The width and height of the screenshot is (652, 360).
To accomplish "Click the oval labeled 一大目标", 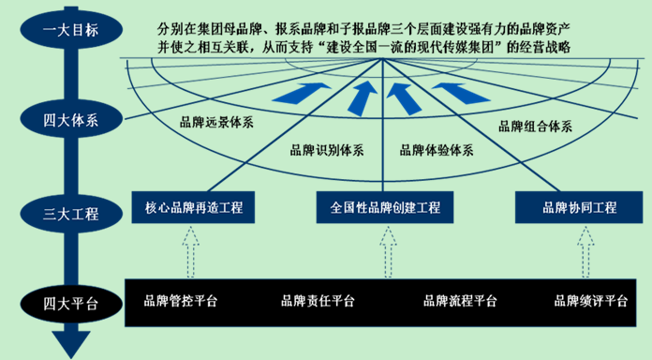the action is pyautogui.click(x=71, y=30).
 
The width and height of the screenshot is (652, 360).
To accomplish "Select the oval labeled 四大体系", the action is pyautogui.click(x=71, y=120).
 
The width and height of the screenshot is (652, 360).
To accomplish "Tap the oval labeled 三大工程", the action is pyautogui.click(x=71, y=214).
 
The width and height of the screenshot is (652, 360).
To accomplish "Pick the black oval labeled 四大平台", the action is pyautogui.click(x=71, y=304).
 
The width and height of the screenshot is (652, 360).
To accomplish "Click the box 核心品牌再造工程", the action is pyautogui.click(x=193, y=207).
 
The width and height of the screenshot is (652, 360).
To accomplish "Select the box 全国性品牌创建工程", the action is pyautogui.click(x=385, y=207).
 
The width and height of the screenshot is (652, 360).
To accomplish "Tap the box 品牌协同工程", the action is pyautogui.click(x=579, y=207).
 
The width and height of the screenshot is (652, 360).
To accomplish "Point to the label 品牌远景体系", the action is pyautogui.click(x=216, y=123).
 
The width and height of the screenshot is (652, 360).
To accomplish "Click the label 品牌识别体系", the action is pyautogui.click(x=327, y=150).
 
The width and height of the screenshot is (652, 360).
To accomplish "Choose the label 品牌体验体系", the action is pyautogui.click(x=437, y=150).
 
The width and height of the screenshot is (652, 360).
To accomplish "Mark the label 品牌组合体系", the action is pyautogui.click(x=535, y=127).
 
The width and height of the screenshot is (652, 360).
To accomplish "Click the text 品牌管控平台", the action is pyautogui.click(x=181, y=301).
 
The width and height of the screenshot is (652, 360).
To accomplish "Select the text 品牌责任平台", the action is pyautogui.click(x=318, y=301).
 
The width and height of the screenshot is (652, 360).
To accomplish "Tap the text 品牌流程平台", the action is pyautogui.click(x=460, y=301).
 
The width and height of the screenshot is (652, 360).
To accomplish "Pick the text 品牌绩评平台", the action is pyautogui.click(x=591, y=301).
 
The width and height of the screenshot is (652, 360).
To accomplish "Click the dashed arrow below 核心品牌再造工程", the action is pyautogui.click(x=190, y=252).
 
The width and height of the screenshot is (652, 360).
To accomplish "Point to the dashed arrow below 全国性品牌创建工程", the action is pyautogui.click(x=388, y=252).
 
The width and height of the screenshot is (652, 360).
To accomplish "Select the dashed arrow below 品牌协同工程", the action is pyautogui.click(x=585, y=252).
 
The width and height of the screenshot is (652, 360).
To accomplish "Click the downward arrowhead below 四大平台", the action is pyautogui.click(x=71, y=343).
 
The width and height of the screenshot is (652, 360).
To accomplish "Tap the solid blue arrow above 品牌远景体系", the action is pyautogui.click(x=302, y=93).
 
